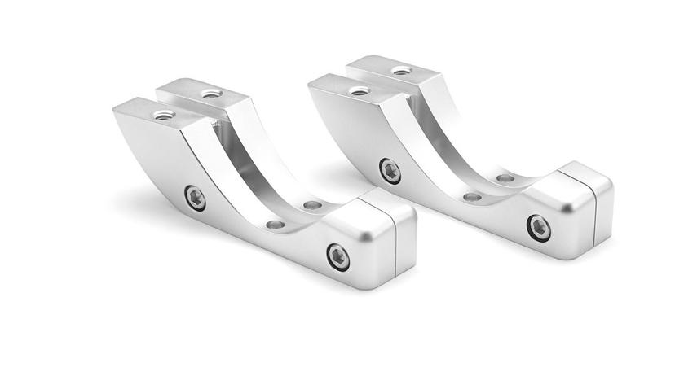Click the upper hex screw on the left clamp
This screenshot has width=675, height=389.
click(x=195, y=198)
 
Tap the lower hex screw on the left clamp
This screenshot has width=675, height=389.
click(x=338, y=256)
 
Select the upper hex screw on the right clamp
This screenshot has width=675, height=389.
click(x=390, y=171)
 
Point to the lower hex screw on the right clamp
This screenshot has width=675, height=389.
click(x=538, y=227)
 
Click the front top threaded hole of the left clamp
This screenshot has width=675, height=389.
click(x=164, y=115)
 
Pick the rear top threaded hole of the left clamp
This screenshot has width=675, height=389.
click(x=210, y=94)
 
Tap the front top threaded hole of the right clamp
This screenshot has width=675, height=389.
click(x=360, y=91)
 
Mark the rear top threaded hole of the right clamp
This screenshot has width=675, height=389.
click(x=401, y=71)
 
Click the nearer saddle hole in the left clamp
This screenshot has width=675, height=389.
click(x=276, y=224)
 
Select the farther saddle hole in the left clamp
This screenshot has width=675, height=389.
click(x=311, y=206)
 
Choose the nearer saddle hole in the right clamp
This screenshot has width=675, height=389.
click(x=472, y=197)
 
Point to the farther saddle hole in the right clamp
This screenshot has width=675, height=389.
click(x=505, y=178)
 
